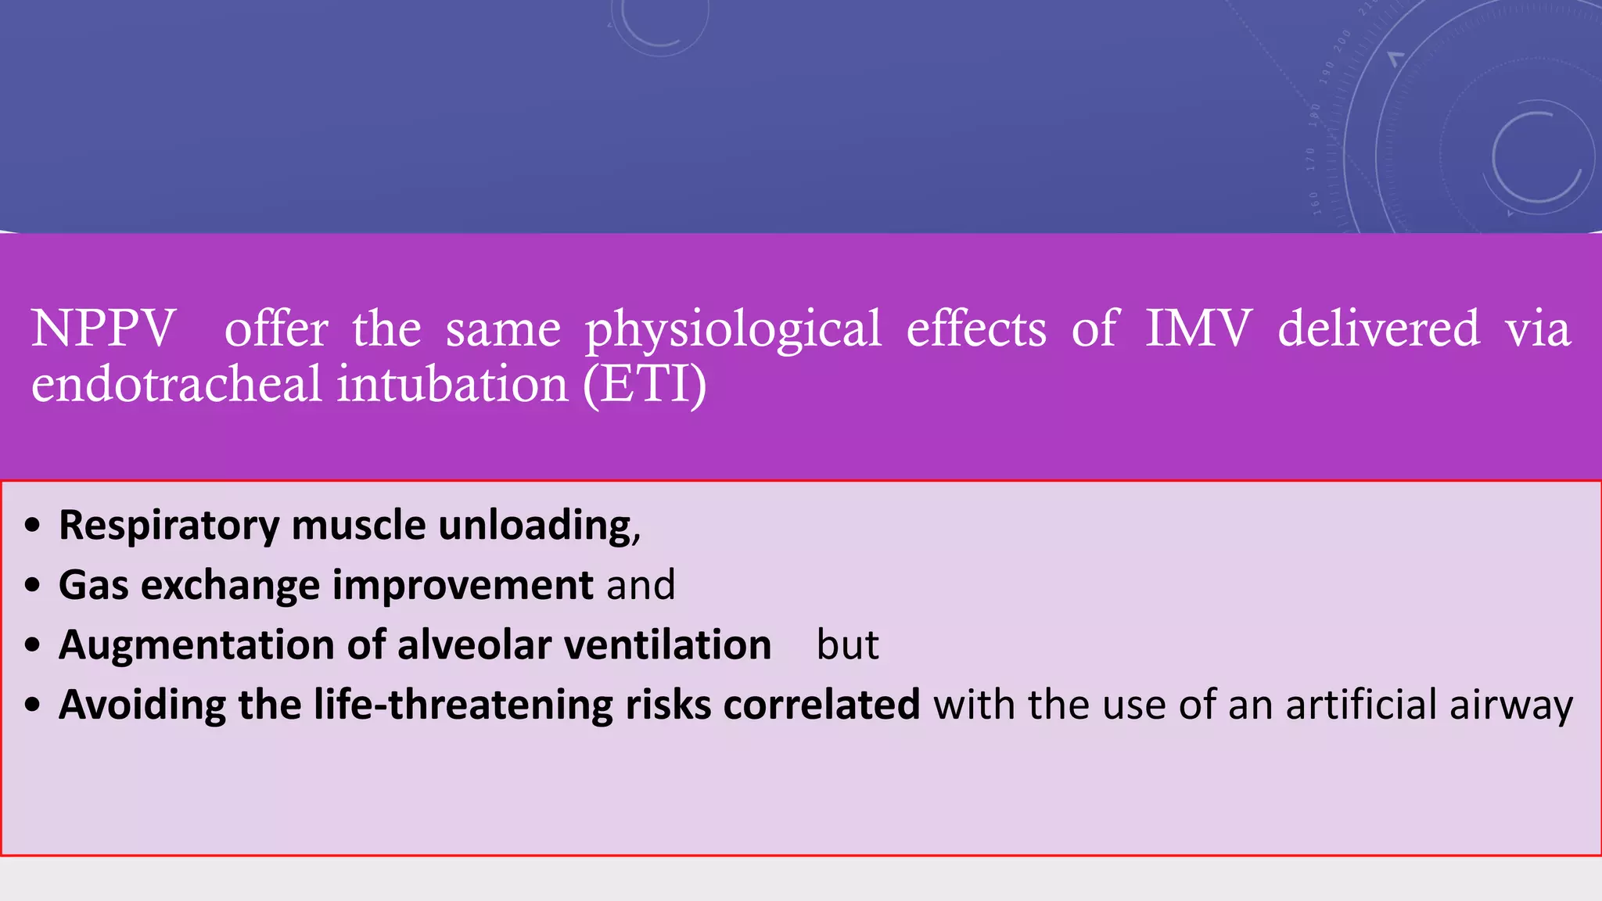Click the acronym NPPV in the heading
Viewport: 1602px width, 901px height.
click(103, 328)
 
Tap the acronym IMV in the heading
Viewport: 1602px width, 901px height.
click(1198, 328)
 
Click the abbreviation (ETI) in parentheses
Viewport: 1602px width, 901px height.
click(645, 385)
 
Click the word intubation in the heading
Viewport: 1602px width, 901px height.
click(453, 385)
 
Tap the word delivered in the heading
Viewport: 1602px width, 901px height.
click(1379, 328)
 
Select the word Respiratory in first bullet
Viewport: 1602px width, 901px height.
click(169, 526)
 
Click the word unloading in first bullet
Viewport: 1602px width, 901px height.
click(538, 526)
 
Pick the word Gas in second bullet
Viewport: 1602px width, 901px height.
click(93, 585)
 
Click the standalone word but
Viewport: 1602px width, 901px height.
click(847, 645)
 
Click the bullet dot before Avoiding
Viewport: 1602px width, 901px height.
click(32, 705)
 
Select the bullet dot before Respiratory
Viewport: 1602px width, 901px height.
click(32, 526)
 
